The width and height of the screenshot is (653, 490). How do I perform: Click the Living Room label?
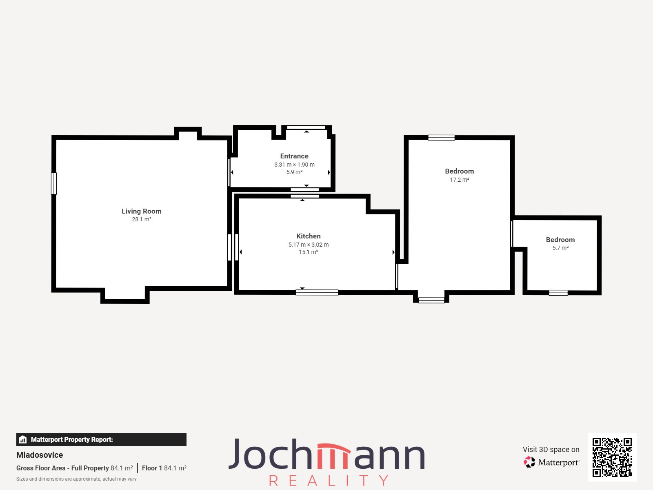click(141, 211)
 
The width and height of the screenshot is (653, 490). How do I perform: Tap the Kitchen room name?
click(309, 236)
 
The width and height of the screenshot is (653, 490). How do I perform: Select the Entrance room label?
click(294, 156)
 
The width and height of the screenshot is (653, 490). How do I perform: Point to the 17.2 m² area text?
click(459, 180)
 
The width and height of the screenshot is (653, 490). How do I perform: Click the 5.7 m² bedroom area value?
click(560, 248)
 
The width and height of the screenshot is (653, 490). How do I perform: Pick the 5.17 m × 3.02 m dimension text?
click(309, 245)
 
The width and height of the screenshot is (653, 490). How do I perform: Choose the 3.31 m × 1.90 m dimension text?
click(294, 165)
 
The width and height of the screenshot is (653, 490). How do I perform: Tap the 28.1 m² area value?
click(142, 219)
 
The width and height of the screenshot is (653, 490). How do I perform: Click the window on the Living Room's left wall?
click(54, 184)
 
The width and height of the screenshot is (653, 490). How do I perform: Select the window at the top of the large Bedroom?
click(442, 138)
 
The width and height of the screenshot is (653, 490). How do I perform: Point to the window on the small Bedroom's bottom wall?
click(558, 293)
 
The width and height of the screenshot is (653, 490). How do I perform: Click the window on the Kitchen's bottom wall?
click(317, 292)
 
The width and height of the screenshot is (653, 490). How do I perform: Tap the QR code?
click(612, 457)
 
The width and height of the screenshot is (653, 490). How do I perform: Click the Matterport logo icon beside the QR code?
click(529, 462)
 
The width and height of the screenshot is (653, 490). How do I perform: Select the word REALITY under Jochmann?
click(329, 481)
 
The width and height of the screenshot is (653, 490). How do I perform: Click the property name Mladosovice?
click(40, 455)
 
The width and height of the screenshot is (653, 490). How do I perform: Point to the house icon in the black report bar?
click(23, 439)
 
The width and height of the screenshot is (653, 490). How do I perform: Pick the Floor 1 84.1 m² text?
click(164, 468)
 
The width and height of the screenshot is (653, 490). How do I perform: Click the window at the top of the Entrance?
click(306, 128)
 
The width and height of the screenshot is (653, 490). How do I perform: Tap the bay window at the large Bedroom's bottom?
click(431, 300)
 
